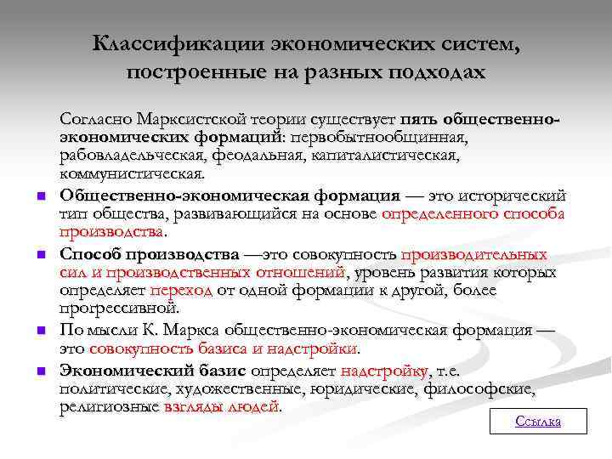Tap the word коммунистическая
[131, 174]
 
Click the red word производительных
[473, 254]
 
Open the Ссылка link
[538, 422]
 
